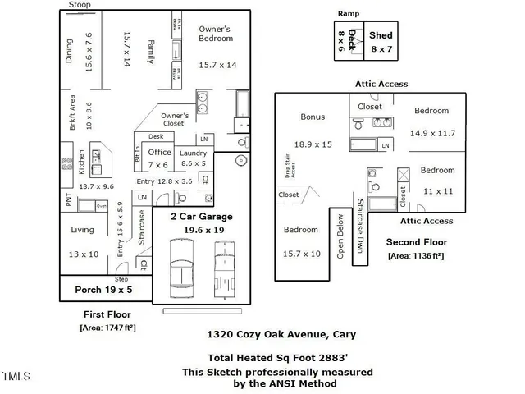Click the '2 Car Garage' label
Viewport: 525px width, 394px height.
pos(201,217)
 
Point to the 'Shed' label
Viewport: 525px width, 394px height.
pos(381,36)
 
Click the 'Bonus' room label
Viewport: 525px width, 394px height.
pos(313,117)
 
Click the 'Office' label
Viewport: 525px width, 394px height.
pos(159,152)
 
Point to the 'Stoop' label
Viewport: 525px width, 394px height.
pos(80,5)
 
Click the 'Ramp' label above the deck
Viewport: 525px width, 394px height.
pos(349,14)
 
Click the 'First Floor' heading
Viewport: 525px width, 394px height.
pos(107,314)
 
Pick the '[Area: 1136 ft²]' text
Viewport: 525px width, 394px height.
pos(416,256)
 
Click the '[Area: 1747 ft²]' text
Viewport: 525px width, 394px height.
pos(107,328)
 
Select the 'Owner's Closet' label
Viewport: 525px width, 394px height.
pos(175,120)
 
